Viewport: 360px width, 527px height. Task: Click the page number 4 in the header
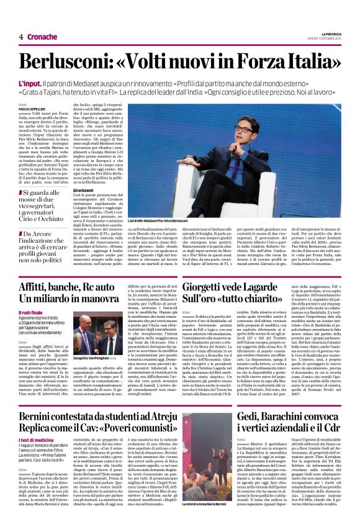pos(20,37)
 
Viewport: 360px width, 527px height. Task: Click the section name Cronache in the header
pos(41,37)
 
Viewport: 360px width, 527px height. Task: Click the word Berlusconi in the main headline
pos(71,61)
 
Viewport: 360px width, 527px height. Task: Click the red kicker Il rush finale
pos(31,312)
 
